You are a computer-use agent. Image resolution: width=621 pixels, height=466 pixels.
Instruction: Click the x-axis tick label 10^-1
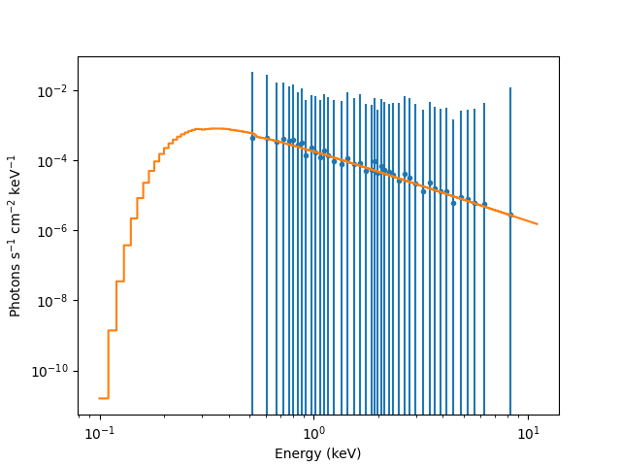[99, 431]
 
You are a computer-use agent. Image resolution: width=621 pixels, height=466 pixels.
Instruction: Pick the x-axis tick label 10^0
[313, 431]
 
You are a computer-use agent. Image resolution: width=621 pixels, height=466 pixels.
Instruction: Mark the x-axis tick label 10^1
[527, 431]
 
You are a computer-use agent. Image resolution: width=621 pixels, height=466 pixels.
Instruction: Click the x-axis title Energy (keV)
[317, 453]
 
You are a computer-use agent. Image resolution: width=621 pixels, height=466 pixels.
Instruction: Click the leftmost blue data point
[252, 138]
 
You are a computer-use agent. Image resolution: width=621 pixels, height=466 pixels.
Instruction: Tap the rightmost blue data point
[510, 215]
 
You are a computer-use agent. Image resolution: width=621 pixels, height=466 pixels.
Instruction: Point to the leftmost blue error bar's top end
[252, 72]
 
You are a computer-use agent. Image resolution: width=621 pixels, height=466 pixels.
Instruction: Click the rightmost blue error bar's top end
[510, 88]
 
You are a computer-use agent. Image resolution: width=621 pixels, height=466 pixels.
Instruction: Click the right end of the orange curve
[537, 224]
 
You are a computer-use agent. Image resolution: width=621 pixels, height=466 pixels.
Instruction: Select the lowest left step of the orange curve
[103, 398]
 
